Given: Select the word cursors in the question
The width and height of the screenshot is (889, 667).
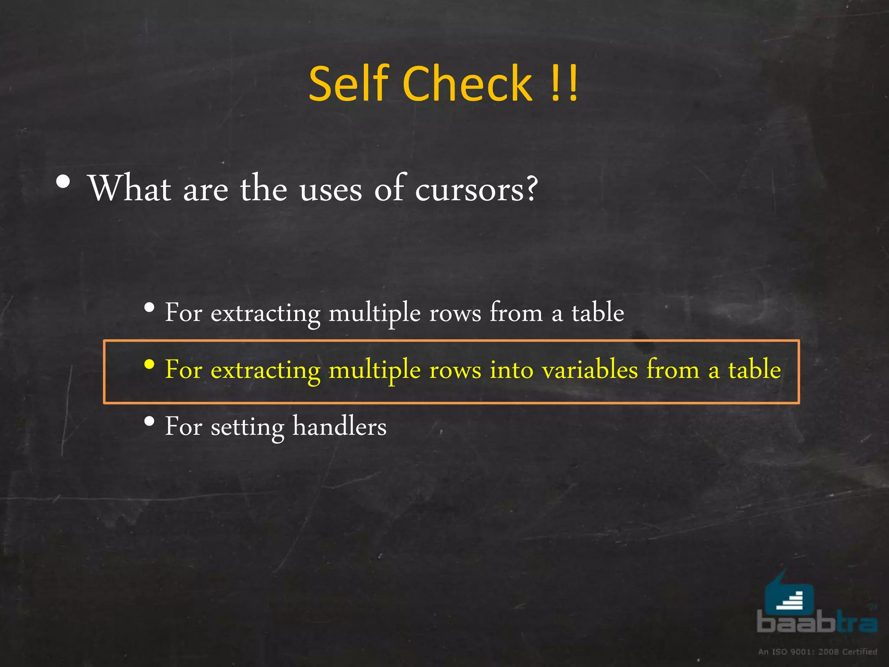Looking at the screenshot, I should click(476, 189).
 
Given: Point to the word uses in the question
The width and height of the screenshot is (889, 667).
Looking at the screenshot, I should click(330, 190).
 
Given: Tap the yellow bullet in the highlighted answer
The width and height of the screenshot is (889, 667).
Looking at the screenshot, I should click(149, 365).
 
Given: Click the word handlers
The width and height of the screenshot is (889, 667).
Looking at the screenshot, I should click(339, 426).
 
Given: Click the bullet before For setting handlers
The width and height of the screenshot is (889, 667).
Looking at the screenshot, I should click(149, 421).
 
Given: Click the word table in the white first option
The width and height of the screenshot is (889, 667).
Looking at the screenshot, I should click(598, 312).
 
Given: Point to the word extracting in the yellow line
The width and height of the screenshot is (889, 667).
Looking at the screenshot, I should click(265, 370).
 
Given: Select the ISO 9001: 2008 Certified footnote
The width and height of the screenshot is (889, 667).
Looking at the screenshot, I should click(817, 651).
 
